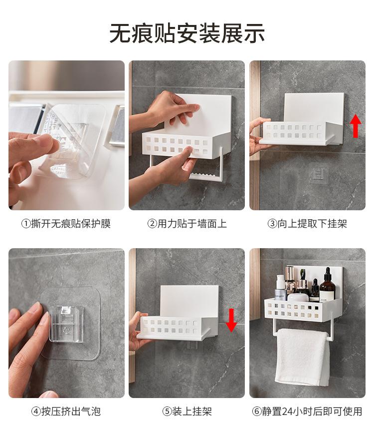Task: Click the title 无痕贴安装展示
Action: (x=187, y=33)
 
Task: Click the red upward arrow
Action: (x=356, y=126)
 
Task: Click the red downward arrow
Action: (x=231, y=320)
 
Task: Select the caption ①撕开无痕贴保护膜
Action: (x=66, y=224)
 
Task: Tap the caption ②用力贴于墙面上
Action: (x=187, y=224)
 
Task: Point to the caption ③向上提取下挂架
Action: (x=307, y=224)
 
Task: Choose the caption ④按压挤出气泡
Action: (x=66, y=412)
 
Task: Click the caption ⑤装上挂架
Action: (x=187, y=412)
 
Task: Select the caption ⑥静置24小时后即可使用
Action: (x=307, y=412)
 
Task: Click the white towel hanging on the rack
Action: (x=302, y=357)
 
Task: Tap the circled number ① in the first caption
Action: (x=26, y=224)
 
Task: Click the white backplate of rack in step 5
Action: (x=190, y=301)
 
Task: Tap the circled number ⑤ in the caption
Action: (x=167, y=412)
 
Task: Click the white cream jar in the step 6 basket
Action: (x=298, y=297)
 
